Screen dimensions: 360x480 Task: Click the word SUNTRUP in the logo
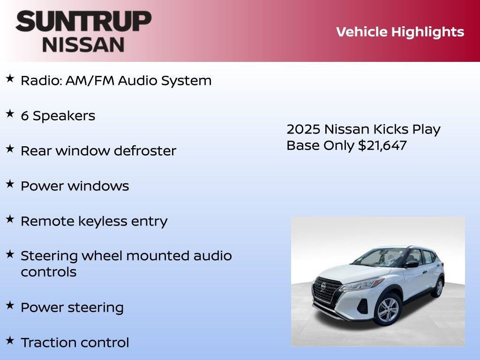pyautogui.click(x=83, y=22)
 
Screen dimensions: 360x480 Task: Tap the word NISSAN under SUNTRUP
pyautogui.click(x=83, y=45)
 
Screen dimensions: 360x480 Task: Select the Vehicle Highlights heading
pyautogui.click(x=400, y=32)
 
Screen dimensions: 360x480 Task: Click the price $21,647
pyautogui.click(x=382, y=145)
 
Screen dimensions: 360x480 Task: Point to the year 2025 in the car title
pyautogui.click(x=303, y=129)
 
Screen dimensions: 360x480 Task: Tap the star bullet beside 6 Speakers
pyautogui.click(x=10, y=114)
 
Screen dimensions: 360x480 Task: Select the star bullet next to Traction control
pyautogui.click(x=10, y=340)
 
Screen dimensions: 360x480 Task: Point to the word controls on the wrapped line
pyautogui.click(x=48, y=272)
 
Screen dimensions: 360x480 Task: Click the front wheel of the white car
pyautogui.click(x=387, y=310)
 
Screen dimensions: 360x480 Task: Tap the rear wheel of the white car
pyautogui.click(x=438, y=287)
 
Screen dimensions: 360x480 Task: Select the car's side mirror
pyautogui.click(x=412, y=264)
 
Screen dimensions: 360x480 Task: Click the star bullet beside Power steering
pyautogui.click(x=10, y=305)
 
